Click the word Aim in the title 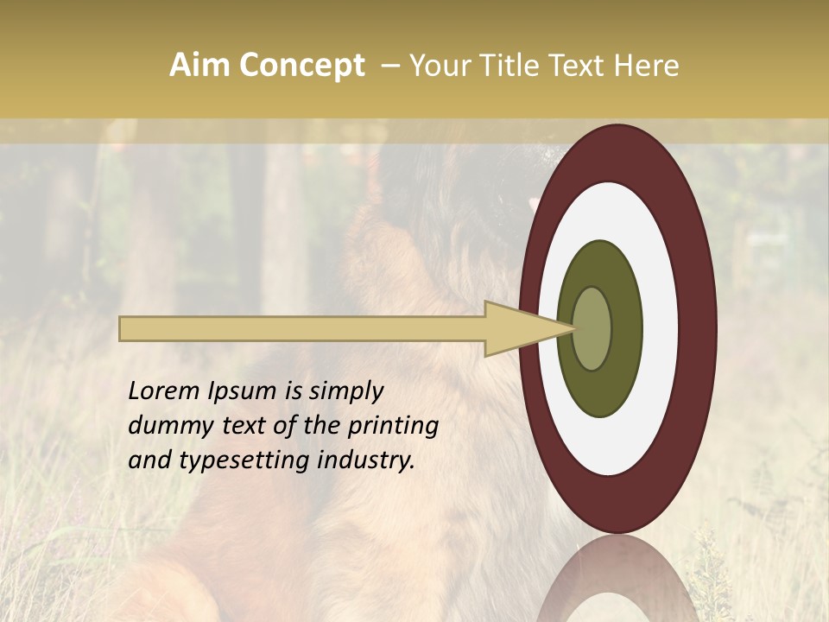(200, 66)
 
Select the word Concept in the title (301, 66)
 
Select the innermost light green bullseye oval (592, 328)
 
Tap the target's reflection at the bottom (617, 583)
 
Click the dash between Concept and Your (389, 66)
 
